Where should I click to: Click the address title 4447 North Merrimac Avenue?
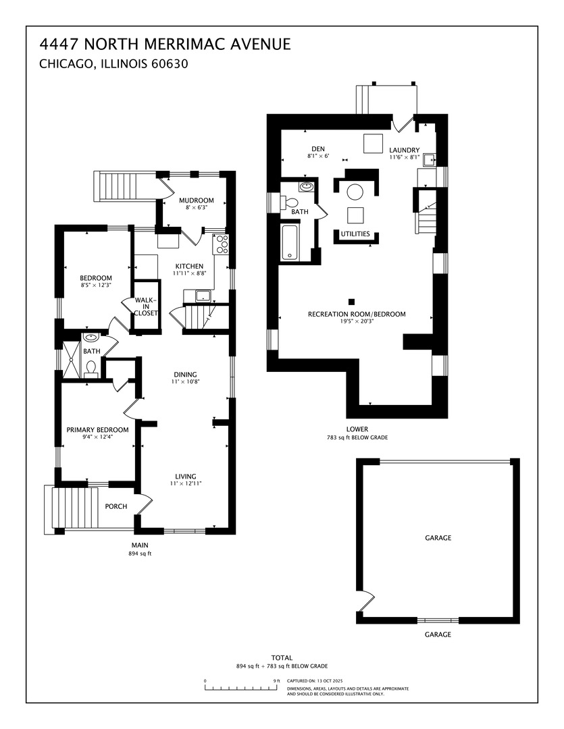(165, 45)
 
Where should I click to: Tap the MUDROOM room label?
(196, 200)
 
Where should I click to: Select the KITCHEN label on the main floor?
(189, 266)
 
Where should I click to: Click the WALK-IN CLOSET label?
(146, 306)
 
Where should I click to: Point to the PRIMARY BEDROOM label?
(97, 430)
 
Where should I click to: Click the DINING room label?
(184, 375)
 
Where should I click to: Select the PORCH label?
(116, 506)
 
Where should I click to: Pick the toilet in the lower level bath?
(292, 202)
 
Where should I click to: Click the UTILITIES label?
(355, 234)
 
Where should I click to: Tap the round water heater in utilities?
(355, 192)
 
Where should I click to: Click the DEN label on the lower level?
(318, 149)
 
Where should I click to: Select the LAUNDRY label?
(404, 150)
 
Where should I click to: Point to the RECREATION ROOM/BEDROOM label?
(357, 315)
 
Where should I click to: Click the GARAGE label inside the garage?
(438, 538)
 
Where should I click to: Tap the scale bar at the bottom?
(240, 688)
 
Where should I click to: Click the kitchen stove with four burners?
(221, 244)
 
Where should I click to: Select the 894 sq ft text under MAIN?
(140, 553)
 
